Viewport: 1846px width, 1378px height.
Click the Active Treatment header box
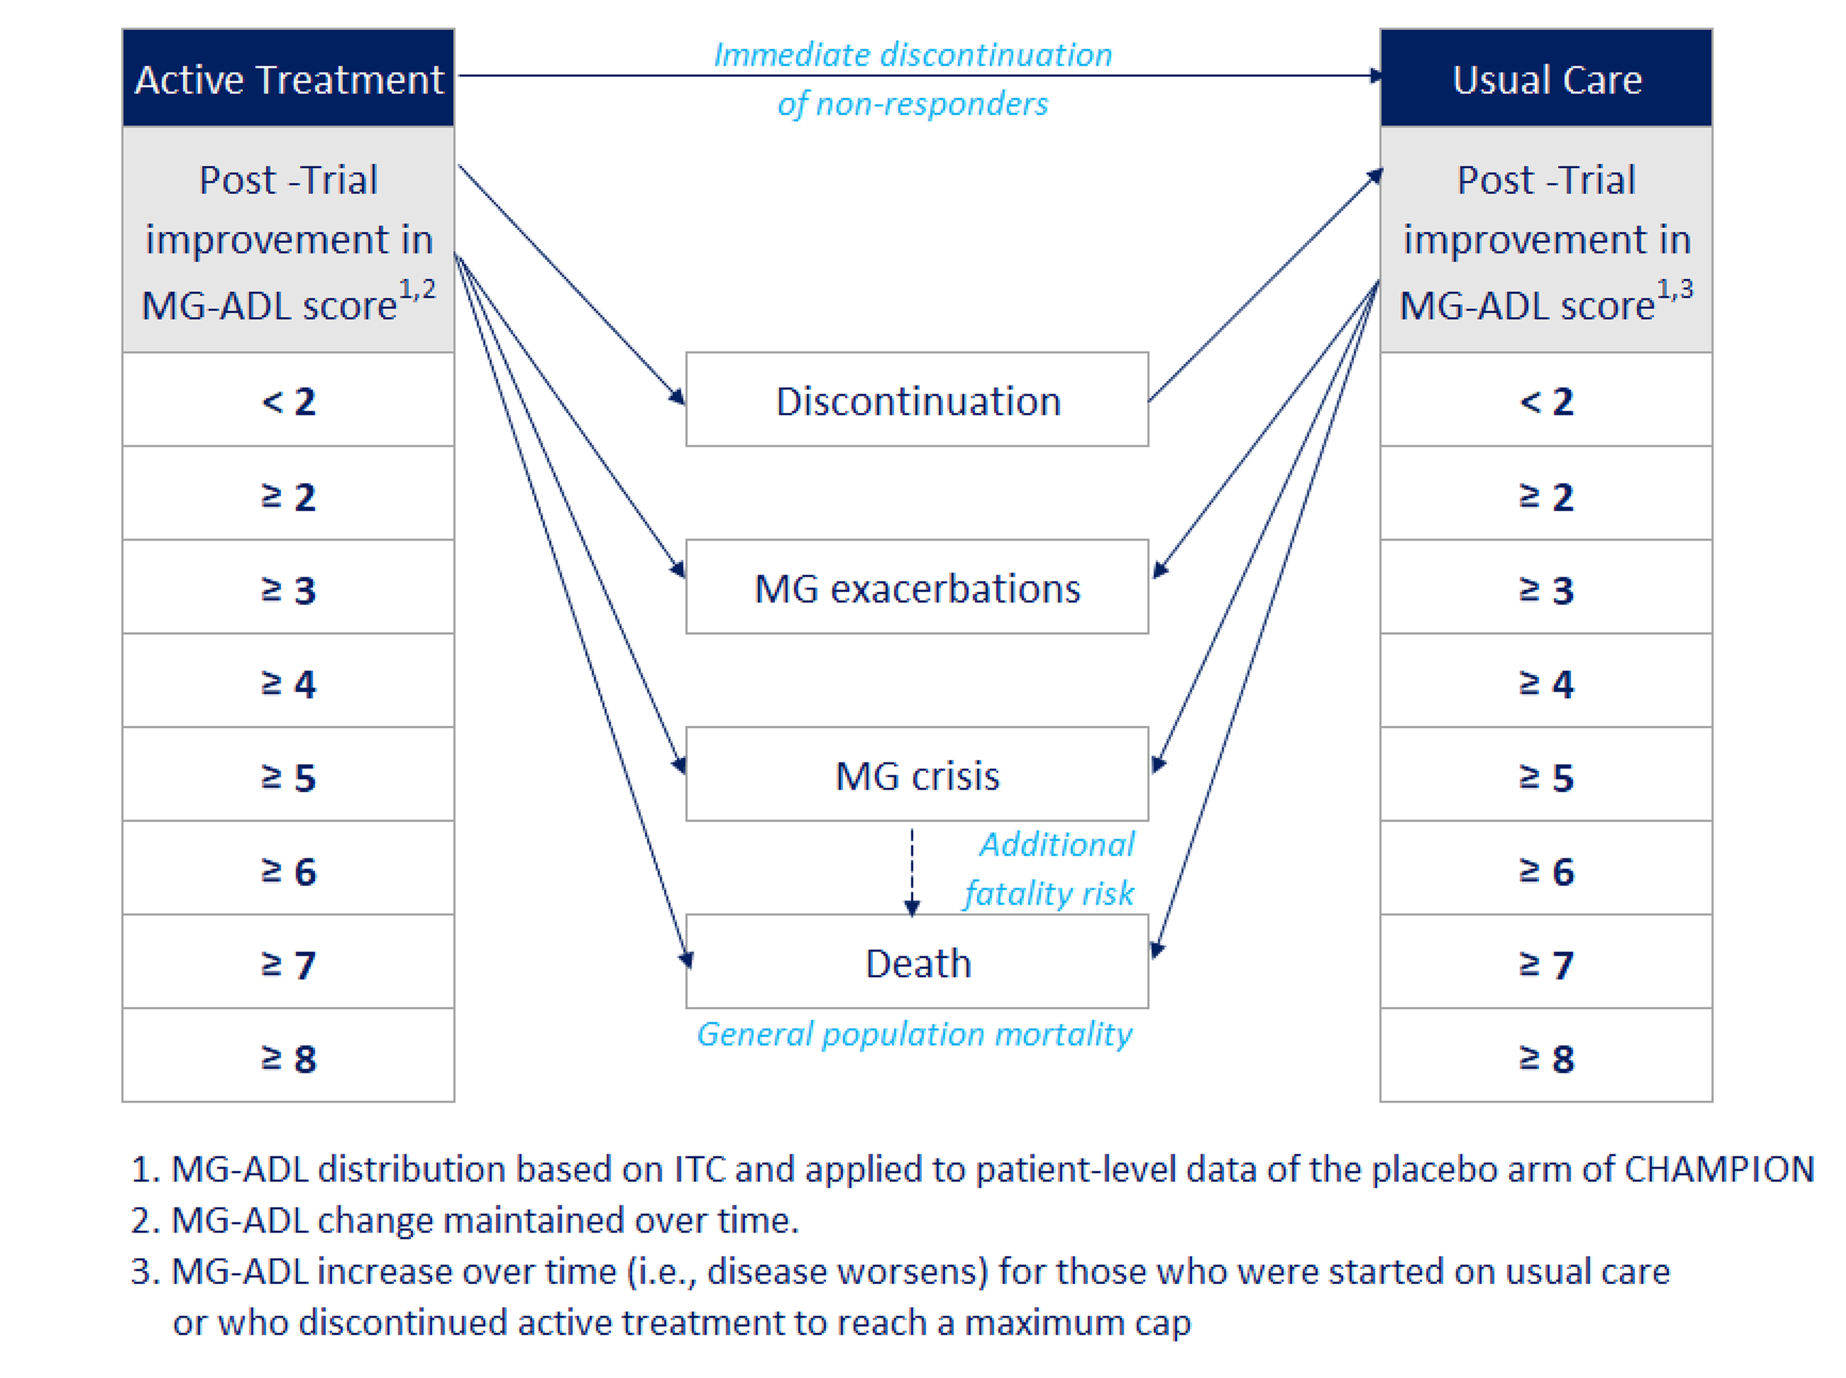(x=288, y=79)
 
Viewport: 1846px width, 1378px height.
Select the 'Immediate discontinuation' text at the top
(x=912, y=55)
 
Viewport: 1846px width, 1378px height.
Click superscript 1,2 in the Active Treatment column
(x=416, y=288)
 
